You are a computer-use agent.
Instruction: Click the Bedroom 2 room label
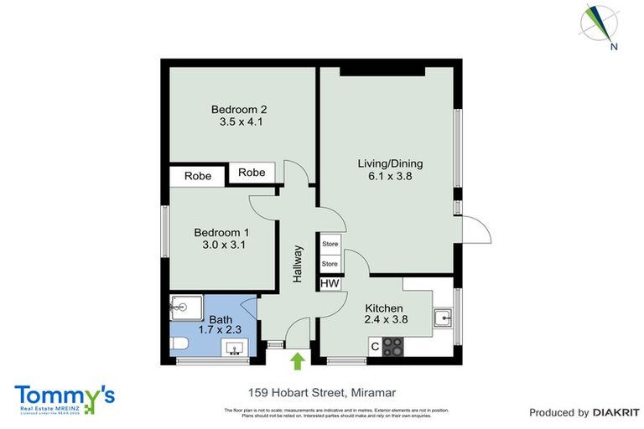coord(239,110)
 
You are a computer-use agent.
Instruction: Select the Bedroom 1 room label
coord(221,233)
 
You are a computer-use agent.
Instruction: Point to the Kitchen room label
coord(384,308)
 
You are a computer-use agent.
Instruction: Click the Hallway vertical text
coord(297,263)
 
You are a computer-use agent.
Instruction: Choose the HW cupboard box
coord(330,284)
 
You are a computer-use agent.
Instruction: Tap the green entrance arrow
coord(298,361)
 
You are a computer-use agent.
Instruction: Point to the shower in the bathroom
coord(186,308)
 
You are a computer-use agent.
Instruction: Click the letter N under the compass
coord(615,47)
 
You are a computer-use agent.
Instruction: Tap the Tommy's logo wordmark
coord(65,395)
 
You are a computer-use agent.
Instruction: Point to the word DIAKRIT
coord(616,412)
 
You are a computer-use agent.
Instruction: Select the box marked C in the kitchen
coord(374,345)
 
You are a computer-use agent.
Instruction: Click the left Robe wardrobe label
coord(198,177)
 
